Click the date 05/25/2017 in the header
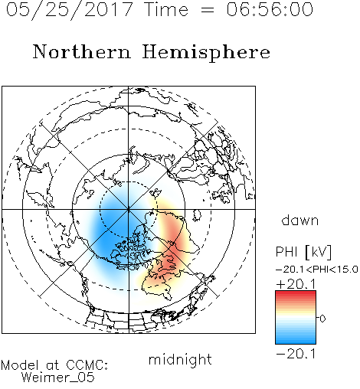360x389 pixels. click(x=70, y=10)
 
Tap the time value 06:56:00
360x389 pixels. click(x=270, y=9)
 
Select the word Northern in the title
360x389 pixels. click(x=82, y=52)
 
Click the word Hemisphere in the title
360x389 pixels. click(x=206, y=53)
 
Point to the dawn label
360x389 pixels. click(x=300, y=220)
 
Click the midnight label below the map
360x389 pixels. click(x=180, y=359)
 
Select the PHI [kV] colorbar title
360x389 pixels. click(x=303, y=252)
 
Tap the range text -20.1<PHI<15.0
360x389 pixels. click(x=317, y=270)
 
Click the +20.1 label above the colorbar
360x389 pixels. click(x=296, y=284)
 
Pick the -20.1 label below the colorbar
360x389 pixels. click(x=296, y=354)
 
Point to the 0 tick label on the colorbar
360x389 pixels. click(x=322, y=319)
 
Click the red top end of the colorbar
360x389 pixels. click(x=296, y=293)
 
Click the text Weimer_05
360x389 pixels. click(x=58, y=378)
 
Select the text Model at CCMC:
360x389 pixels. click(x=54, y=365)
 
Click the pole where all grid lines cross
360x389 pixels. click(x=129, y=209)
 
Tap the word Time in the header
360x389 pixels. click(x=166, y=9)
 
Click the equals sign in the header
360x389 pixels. click(x=208, y=10)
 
